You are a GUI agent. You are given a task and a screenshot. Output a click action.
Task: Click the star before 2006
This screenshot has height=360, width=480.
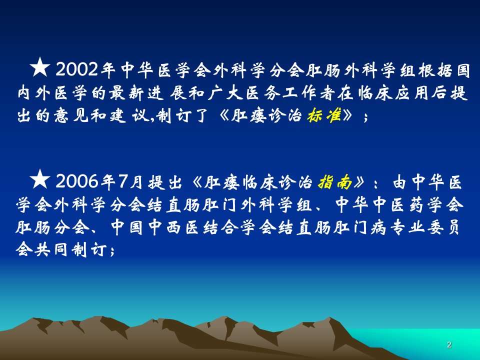click(40, 179)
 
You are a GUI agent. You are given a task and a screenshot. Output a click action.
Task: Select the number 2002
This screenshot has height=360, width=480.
click(77, 70)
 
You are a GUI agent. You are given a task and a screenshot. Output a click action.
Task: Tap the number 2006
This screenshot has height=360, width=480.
click(77, 181)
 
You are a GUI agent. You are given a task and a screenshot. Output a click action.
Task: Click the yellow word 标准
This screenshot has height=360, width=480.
click(324, 115)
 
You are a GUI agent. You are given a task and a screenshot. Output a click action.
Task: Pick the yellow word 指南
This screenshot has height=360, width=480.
click(335, 182)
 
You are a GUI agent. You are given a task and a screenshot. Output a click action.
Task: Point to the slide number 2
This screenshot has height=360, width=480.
click(449, 344)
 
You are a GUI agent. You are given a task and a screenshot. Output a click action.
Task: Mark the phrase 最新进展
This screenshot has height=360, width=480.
click(147, 93)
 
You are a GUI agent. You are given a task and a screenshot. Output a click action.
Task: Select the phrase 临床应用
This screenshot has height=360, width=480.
click(393, 93)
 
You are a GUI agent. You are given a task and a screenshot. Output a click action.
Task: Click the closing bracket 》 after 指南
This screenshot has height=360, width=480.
click(359, 182)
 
